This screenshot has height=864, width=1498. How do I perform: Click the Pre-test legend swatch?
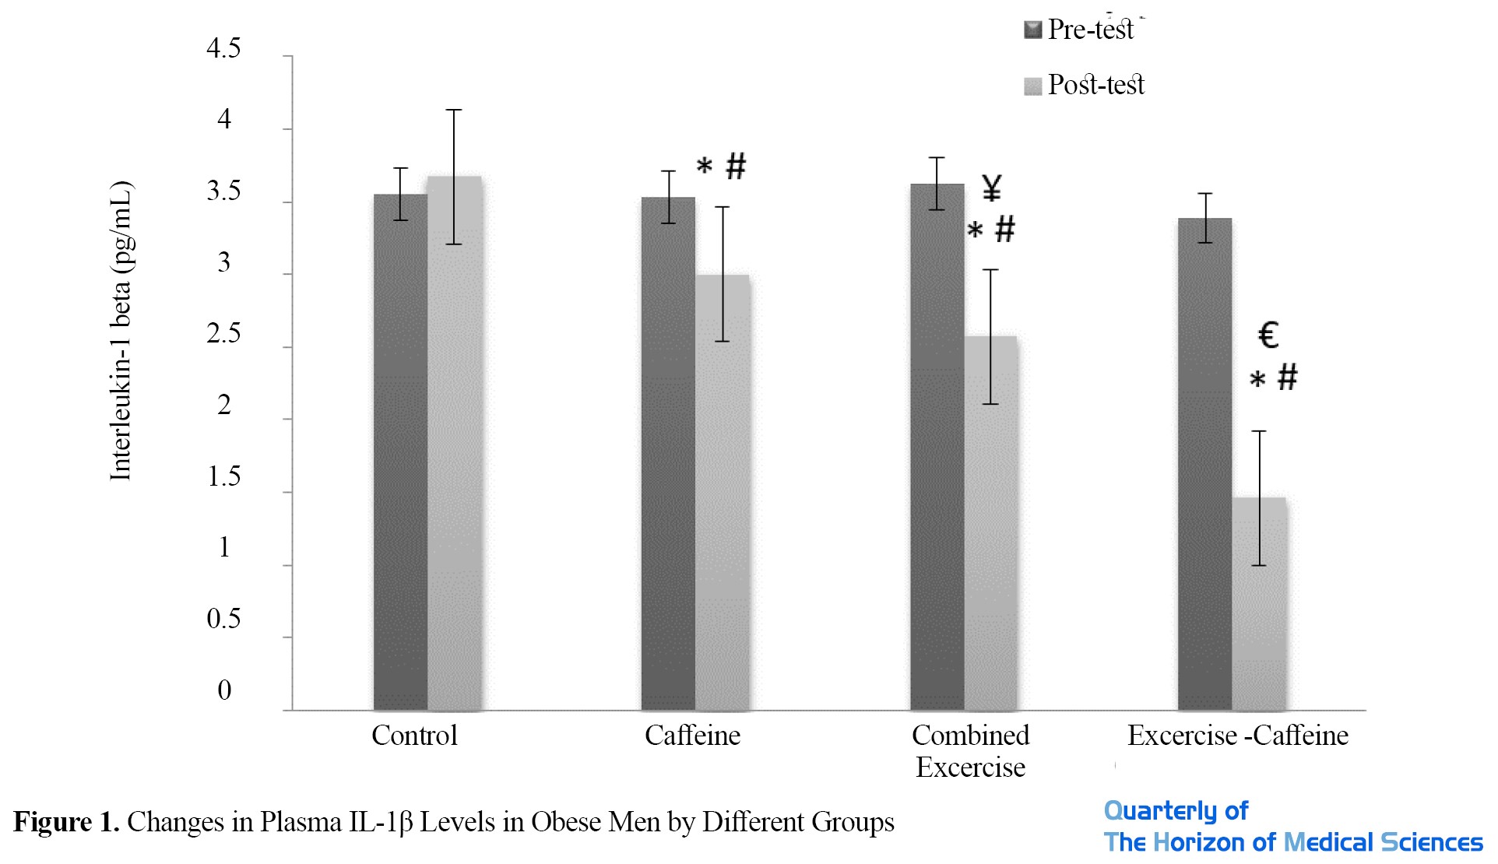pos(1032,30)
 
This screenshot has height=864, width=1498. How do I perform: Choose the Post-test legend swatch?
pos(1032,86)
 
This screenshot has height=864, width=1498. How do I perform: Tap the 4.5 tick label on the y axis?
pos(223,49)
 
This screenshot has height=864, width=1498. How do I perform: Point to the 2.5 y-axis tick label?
pos(223,334)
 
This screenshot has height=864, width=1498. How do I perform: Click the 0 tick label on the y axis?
pos(224,690)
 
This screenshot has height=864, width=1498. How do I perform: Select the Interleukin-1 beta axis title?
pos(121,331)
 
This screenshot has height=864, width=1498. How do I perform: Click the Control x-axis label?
pos(414,736)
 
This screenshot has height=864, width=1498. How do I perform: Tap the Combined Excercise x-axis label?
pos(970,751)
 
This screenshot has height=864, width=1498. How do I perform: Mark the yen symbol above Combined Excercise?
pos(991,188)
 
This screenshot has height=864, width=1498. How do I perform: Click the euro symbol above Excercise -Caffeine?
pos(1268,335)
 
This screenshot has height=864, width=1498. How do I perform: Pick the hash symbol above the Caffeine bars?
pos(736,166)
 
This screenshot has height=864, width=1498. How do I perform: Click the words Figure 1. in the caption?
pos(66,822)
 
